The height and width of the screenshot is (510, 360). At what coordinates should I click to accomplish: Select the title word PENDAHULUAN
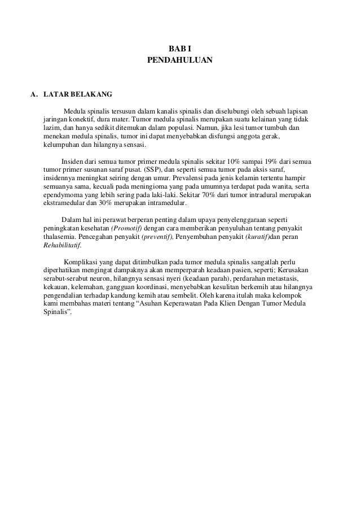pyautogui.click(x=180, y=59)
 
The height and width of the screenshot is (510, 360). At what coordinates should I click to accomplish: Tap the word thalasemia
pyautogui.click(x=60, y=237)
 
